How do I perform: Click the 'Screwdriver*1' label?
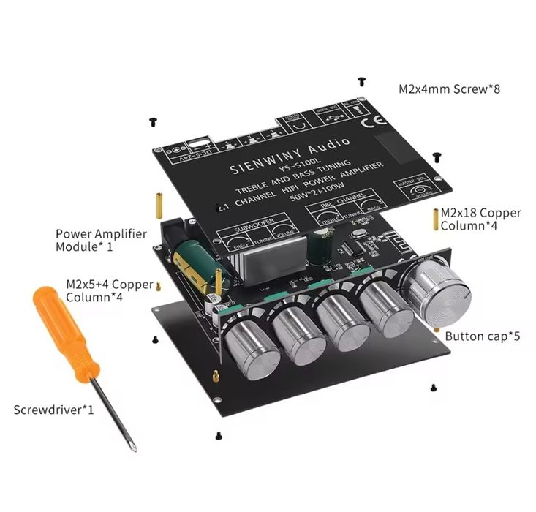tap(53, 409)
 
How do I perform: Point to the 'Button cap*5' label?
tap(472, 337)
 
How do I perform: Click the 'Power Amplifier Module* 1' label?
tap(101, 240)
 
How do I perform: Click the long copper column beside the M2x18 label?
tap(437, 219)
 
